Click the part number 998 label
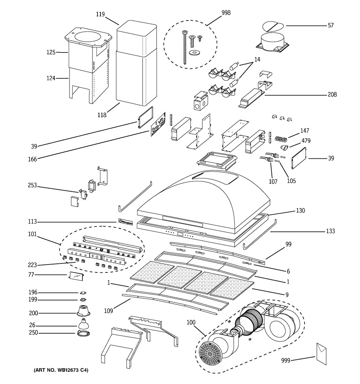coord(226,13)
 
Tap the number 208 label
coord(332,95)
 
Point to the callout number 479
coord(306,141)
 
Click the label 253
coord(32,186)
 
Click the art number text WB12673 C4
coord(61,370)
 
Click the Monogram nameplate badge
coord(125,222)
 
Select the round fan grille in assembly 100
coord(210,352)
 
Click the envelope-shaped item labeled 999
coord(321,353)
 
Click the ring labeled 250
coord(84,334)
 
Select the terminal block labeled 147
coord(283,138)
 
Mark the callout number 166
coord(32,159)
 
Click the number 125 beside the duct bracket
coord(51,53)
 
